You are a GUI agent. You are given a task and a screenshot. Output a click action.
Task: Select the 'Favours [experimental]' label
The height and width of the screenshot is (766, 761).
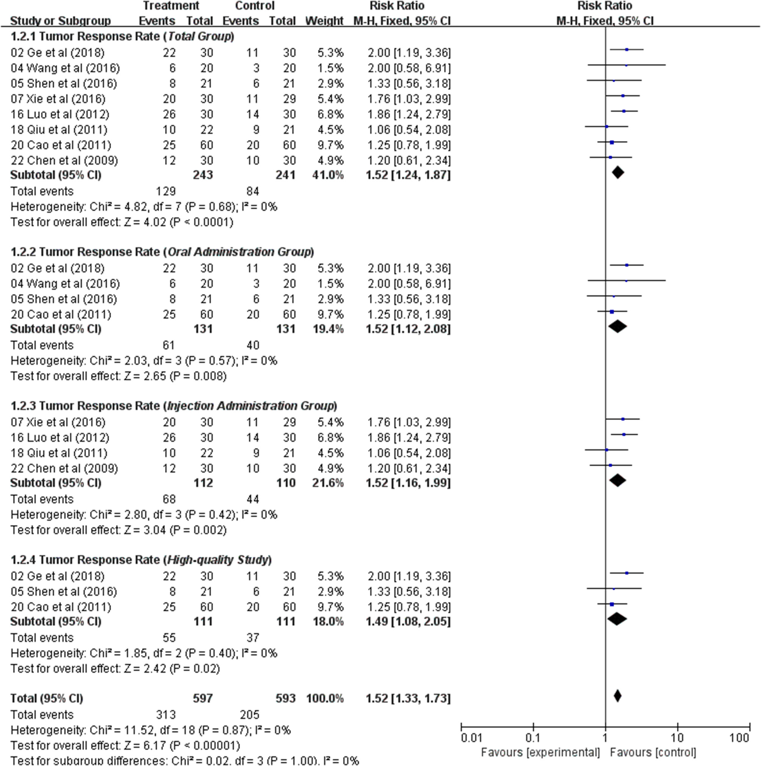point(540,752)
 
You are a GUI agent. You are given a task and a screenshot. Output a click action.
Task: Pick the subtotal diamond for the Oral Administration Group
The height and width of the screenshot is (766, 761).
point(617,326)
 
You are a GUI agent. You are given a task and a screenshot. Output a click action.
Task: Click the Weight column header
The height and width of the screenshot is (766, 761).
point(324,20)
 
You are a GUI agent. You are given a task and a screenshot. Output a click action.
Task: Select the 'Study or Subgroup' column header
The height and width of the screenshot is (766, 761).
point(60,20)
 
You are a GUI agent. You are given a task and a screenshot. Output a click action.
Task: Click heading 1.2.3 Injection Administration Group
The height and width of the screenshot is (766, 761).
point(174,406)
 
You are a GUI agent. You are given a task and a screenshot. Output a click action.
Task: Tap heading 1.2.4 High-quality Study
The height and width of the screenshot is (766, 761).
point(141,559)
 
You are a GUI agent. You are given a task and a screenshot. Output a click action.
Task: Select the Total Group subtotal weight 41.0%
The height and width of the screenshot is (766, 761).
point(327,175)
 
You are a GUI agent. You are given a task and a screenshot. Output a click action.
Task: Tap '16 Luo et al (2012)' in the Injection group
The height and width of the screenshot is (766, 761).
point(60,437)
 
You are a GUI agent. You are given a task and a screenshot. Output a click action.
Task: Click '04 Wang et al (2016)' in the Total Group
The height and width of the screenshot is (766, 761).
point(65,68)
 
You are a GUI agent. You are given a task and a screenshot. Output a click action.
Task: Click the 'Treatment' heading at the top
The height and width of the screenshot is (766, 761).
point(171,6)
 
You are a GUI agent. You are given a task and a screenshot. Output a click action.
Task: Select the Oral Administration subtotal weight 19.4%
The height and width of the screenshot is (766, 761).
point(327,329)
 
